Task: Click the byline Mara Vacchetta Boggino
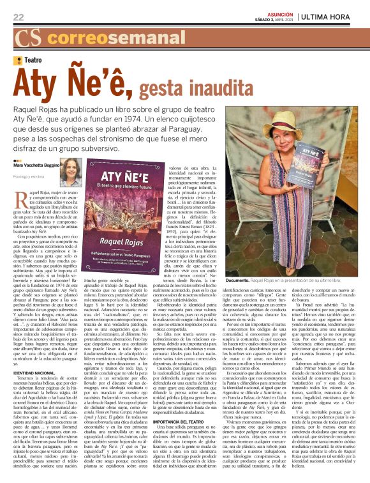(x=37, y=183)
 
